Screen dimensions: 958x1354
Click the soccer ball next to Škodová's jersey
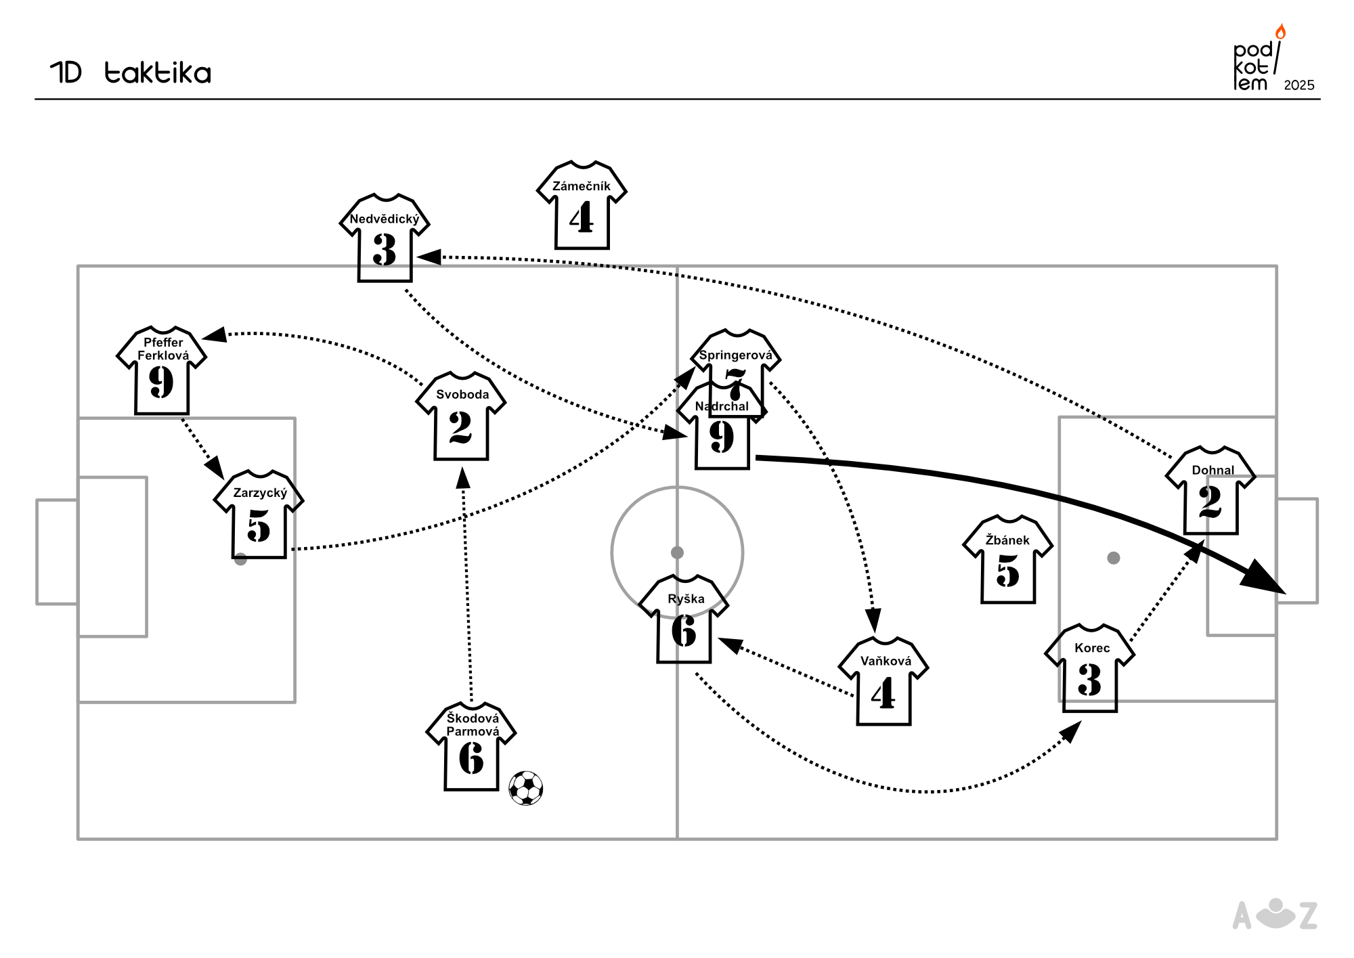[526, 788]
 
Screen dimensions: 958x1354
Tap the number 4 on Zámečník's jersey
[582, 219]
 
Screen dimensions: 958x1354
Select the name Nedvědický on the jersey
[385, 219]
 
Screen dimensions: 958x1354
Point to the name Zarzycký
[260, 493]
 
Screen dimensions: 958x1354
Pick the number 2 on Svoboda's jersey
[460, 427]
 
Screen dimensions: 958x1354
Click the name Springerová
[735, 355]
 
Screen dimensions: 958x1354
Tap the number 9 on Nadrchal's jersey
[722, 437]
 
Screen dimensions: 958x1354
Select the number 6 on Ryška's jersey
[684, 631]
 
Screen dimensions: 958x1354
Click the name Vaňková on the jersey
[886, 661]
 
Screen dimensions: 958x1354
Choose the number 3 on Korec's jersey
[1089, 680]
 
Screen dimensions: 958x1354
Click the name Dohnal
[1213, 470]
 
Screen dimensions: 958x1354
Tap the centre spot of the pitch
[677, 552]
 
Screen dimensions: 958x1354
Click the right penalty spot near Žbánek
[1114, 558]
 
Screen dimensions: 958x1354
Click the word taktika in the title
[158, 73]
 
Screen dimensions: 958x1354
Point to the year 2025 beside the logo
[1298, 85]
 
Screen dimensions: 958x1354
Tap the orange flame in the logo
[1280, 32]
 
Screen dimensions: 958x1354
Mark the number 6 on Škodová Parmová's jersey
[471, 758]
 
